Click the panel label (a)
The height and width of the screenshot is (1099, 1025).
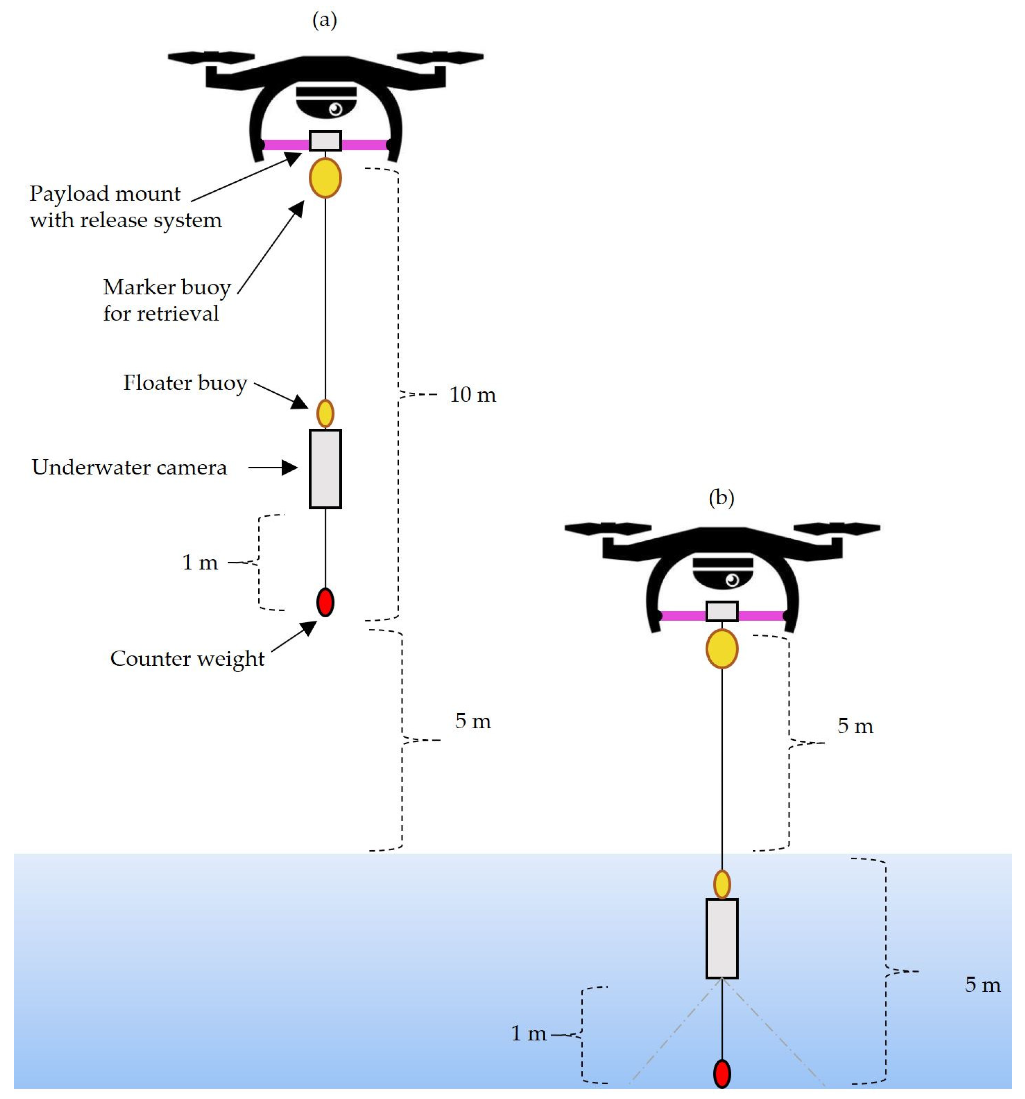tap(324, 21)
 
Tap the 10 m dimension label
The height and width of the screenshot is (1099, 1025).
tap(472, 395)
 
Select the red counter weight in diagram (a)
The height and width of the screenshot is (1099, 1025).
tap(325, 602)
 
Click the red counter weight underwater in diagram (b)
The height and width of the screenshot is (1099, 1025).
tap(721, 1074)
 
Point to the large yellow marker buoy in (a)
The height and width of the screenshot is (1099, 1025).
tap(325, 178)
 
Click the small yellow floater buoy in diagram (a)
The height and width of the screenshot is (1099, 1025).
tap(325, 414)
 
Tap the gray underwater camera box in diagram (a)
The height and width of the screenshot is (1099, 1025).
tap(325, 469)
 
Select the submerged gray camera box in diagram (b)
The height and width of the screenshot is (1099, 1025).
tap(721, 939)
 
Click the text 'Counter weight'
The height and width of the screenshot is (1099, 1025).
tap(187, 659)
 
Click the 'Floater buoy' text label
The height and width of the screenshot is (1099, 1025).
tap(185, 383)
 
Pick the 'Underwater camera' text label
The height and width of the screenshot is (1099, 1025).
tap(129, 468)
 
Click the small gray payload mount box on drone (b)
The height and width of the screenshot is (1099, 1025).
tap(721, 612)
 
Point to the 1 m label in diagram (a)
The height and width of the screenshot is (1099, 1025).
tap(200, 563)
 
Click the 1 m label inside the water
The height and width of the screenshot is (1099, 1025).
tap(528, 1033)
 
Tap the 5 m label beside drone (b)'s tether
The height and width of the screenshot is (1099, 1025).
tap(855, 726)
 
